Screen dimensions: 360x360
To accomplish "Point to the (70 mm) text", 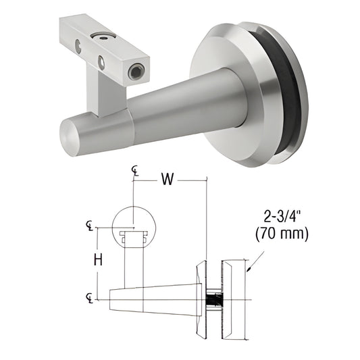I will tap(282, 235).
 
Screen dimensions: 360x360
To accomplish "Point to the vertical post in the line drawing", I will tap(133, 267).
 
